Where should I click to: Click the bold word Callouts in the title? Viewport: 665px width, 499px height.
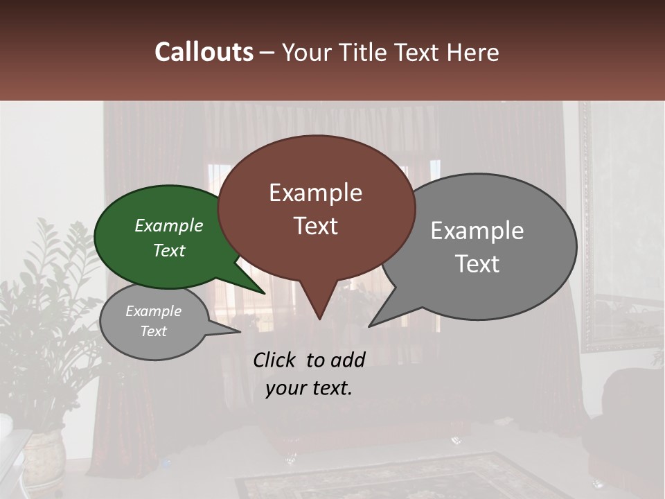pyautogui.click(x=204, y=52)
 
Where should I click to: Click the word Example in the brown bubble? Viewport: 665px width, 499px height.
pyautogui.click(x=316, y=193)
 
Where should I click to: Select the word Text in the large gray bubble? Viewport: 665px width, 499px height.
pyautogui.click(x=477, y=264)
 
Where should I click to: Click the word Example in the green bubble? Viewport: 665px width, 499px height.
pyautogui.click(x=169, y=226)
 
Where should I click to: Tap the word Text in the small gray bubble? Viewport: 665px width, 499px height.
pyautogui.click(x=154, y=331)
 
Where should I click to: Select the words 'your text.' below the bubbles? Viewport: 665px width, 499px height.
pyautogui.click(x=309, y=388)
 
